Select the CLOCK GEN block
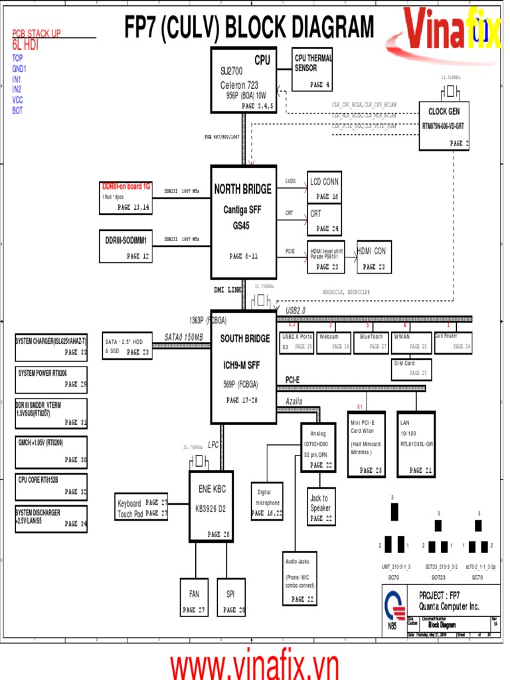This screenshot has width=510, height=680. tap(444, 126)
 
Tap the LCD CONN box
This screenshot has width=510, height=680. tap(324, 187)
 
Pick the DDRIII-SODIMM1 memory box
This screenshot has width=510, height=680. tap(126, 245)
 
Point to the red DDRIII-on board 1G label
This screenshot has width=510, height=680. tap(126, 187)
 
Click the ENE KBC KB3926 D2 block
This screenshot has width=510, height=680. tap(211, 507)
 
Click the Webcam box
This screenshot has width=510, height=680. tap(333, 342)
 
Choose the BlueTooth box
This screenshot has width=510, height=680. tap(371, 342)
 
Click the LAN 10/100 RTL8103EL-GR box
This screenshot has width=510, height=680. tap(416, 444)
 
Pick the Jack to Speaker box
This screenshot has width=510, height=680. tap(320, 507)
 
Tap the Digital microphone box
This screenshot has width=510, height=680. tap(268, 501)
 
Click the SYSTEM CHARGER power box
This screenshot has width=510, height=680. tap(51, 347)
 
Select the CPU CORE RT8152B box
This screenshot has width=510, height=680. tap(51, 486)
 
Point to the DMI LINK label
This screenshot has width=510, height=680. tap(227, 290)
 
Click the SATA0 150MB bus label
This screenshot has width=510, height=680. tap(184, 337)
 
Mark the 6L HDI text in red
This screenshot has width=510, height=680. tap(25, 45)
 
